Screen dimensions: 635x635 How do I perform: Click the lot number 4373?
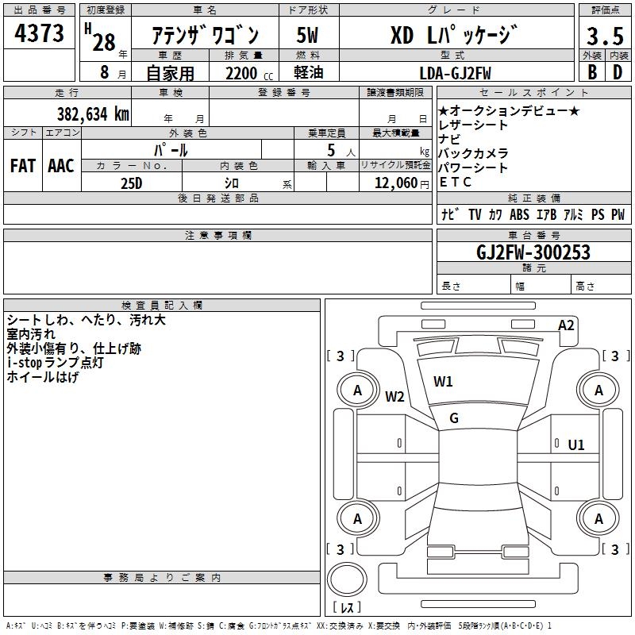click(x=40, y=34)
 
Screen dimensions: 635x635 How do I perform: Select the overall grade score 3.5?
click(x=604, y=37)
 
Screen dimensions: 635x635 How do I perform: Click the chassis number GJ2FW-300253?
click(x=533, y=252)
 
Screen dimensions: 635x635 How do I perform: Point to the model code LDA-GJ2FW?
click(x=455, y=72)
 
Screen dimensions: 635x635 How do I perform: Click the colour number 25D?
click(x=132, y=182)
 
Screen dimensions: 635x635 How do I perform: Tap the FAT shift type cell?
click(x=22, y=165)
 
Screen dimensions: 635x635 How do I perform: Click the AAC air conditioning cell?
click(x=61, y=165)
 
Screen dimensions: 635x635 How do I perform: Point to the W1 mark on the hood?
click(x=443, y=381)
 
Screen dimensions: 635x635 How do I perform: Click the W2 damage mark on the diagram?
click(x=394, y=397)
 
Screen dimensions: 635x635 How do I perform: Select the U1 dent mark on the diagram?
click(x=576, y=444)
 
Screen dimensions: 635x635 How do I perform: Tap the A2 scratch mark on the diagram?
click(x=566, y=325)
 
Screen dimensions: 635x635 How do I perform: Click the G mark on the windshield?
click(x=454, y=418)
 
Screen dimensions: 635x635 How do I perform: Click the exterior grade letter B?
click(x=592, y=72)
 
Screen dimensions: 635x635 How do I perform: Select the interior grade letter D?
click(x=618, y=72)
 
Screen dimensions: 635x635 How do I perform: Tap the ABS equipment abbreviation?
click(x=519, y=214)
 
